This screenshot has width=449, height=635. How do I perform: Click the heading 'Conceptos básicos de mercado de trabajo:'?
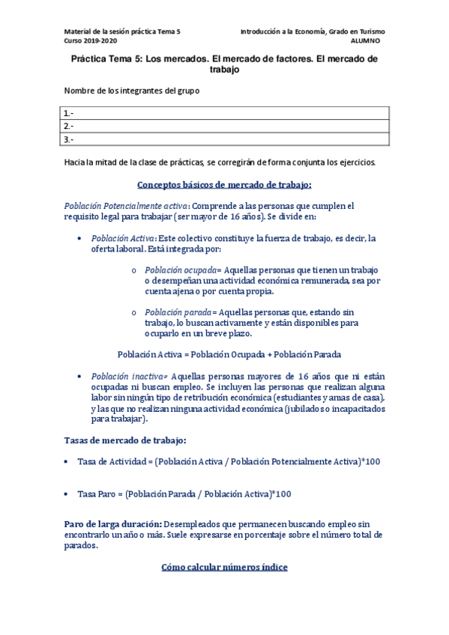pyautogui.click(x=225, y=184)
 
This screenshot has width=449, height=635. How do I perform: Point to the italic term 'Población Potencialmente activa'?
pyautogui.click(x=126, y=205)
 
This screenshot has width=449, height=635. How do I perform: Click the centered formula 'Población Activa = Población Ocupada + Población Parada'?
pyautogui.click(x=225, y=354)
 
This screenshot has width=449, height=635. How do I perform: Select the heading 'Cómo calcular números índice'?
pyautogui.click(x=225, y=567)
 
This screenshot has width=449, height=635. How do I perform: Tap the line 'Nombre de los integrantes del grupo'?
pyautogui.click(x=132, y=91)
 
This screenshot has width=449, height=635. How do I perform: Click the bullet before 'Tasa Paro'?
pyautogui.click(x=68, y=494)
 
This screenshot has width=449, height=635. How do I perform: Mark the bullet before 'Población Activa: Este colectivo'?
pyautogui.click(x=80, y=238)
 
